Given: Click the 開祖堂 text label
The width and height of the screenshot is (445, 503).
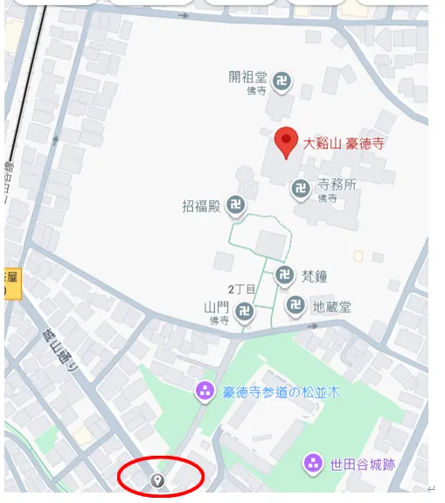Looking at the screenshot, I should tap(247, 77).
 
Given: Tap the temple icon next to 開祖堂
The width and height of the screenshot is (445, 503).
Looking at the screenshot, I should tap(282, 83).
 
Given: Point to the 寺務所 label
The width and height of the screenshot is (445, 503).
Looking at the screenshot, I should tap(337, 184).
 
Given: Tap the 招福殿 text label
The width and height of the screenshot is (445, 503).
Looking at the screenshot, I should tap(200, 206).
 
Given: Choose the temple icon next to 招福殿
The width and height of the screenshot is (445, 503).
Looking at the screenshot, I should tap(235, 206).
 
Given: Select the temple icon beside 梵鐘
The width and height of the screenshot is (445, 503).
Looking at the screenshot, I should tap(284, 276).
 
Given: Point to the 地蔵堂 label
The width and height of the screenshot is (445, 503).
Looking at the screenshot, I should tap(332, 307).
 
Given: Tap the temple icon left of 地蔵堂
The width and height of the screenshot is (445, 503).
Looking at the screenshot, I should tap(296, 306).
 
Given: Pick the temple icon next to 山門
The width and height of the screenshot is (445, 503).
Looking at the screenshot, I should tap(246, 311).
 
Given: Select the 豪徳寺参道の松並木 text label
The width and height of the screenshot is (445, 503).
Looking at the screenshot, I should tap(281, 392).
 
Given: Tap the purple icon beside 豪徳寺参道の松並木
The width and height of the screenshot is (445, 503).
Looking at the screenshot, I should tap(205, 391).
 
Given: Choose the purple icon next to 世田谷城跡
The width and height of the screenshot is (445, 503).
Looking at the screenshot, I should tap(312, 463).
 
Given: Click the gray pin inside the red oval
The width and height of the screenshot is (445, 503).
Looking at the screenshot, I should tap(157, 480).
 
